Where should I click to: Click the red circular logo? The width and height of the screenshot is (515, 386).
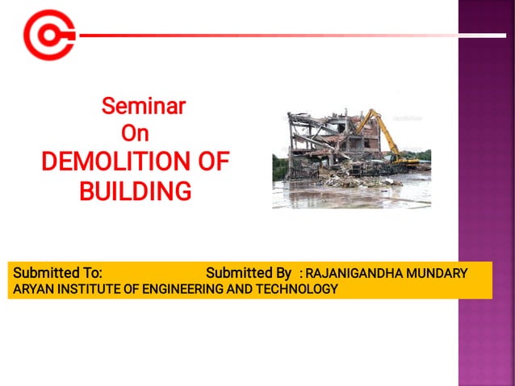click(48, 35)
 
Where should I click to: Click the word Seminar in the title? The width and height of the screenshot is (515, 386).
click(143, 106)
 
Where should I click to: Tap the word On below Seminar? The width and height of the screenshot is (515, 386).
click(134, 133)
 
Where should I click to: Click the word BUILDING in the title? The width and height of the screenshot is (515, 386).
click(135, 191)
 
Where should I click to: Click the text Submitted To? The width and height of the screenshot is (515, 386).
click(57, 273)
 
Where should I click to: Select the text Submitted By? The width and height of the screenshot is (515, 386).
click(248, 273)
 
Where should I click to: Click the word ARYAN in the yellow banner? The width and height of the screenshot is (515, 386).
click(31, 288)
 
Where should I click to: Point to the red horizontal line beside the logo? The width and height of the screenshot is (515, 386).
click(266, 36)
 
